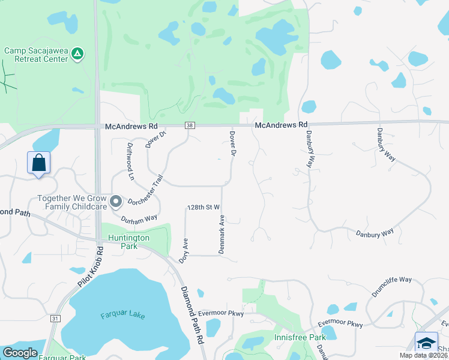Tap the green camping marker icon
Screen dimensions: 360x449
(77, 55)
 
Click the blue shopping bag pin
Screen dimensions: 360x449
(38, 163)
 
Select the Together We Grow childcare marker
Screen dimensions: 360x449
(116, 202)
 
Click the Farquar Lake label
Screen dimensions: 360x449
(123, 315)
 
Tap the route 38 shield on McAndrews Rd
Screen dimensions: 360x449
(190, 125)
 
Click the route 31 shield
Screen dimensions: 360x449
(55, 318)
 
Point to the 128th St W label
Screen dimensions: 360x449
(204, 207)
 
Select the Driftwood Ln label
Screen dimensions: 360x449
(130, 161)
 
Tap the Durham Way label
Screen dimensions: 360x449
(139, 220)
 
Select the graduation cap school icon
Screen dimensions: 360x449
(426, 343)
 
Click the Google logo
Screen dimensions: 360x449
(20, 353)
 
